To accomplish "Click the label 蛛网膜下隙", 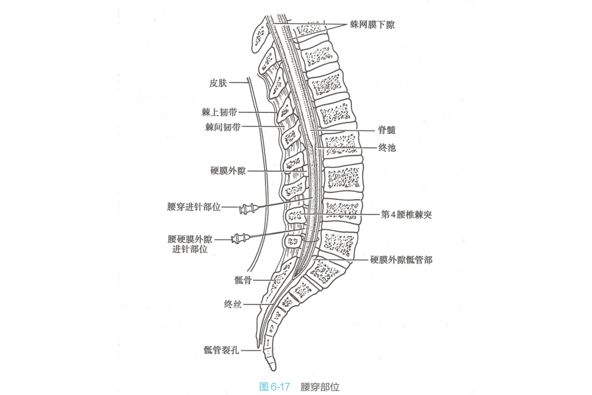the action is [x=372, y=25].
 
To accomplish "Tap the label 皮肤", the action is [x=218, y=83].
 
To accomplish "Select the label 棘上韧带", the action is [x=219, y=112].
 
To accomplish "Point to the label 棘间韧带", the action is [x=223, y=128].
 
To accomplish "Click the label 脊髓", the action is [x=387, y=130].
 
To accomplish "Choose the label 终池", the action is [x=387, y=147].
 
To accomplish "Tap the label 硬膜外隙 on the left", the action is [x=228, y=171].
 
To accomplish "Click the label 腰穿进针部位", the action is [x=194, y=207].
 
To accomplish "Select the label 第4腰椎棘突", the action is [x=407, y=214].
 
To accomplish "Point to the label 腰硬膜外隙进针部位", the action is [x=190, y=244].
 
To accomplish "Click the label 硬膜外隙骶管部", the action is [x=401, y=260].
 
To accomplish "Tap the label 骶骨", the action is [x=243, y=280].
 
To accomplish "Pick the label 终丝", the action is [x=232, y=304].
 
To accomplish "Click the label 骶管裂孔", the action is [x=221, y=350].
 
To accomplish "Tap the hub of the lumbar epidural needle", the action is [x=241, y=239].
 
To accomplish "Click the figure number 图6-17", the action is [x=275, y=387].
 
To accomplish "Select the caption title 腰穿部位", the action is [x=320, y=387].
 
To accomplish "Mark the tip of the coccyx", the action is [x=272, y=369].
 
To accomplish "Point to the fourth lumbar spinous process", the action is [x=294, y=216].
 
